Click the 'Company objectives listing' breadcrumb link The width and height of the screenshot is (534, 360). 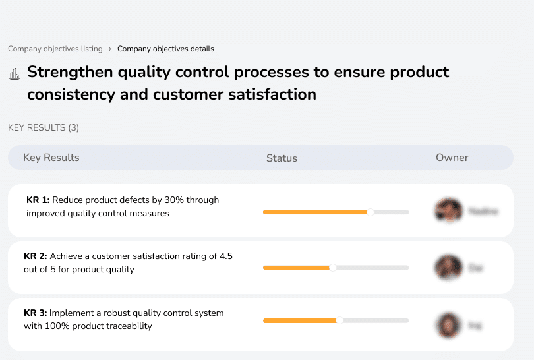[x=55, y=49]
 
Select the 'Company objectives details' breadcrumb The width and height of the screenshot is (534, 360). [x=165, y=49]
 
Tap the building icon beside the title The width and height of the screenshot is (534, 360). [x=15, y=74]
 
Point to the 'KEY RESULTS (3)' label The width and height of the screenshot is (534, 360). [x=44, y=127]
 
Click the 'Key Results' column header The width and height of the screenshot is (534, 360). [x=51, y=158]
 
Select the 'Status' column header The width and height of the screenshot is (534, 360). [x=282, y=158]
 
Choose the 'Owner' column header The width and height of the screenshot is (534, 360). [x=452, y=158]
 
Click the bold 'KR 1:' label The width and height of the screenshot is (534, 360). [x=38, y=200]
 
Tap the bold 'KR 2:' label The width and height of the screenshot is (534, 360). [x=36, y=256]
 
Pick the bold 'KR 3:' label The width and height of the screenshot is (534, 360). [x=36, y=313]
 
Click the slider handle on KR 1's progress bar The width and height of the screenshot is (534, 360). [x=371, y=212]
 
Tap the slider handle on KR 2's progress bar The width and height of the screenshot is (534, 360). [x=333, y=268]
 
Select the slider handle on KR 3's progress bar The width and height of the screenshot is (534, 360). [x=340, y=320]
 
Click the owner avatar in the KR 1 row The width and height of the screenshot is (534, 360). [x=448, y=211]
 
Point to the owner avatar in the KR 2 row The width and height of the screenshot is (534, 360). [x=448, y=268]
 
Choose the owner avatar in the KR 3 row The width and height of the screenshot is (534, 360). [x=448, y=324]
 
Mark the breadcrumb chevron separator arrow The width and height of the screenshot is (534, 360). [x=109, y=49]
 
